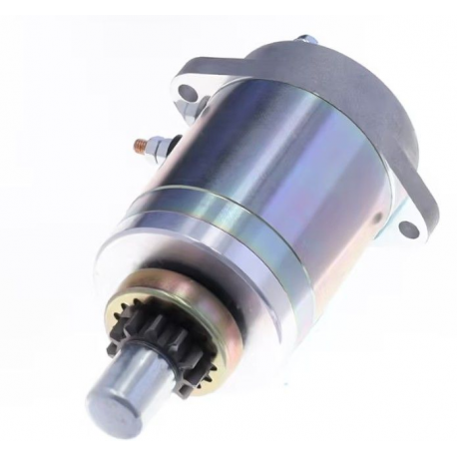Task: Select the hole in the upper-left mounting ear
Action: [x=187, y=96]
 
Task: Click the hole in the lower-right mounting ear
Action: [x=407, y=228]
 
